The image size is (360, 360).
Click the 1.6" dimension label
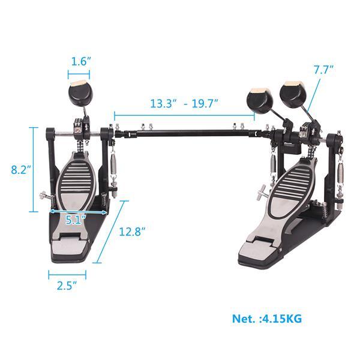80,61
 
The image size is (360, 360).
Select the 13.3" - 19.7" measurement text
184,103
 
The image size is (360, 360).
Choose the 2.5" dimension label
67,286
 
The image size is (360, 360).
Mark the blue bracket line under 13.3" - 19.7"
184,113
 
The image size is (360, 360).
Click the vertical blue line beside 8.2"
32,170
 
